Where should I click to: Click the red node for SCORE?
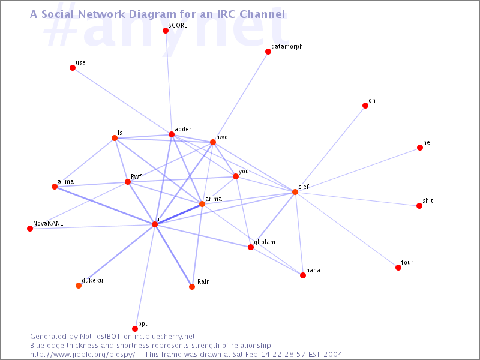166,31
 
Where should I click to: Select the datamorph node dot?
268,52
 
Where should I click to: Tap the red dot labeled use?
73,68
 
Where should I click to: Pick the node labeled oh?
365,106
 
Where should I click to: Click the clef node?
295,192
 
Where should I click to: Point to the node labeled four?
398,268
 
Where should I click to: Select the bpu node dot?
135,329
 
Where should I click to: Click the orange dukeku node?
79,286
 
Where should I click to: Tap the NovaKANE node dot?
30,229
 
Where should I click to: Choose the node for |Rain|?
192,287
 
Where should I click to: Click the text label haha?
313,270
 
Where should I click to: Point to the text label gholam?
265,242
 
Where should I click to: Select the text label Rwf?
136,176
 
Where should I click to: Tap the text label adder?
183,129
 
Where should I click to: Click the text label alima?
66,181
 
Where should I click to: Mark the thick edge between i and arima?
178,214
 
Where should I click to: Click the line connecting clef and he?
358,170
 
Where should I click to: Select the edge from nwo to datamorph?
241,97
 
